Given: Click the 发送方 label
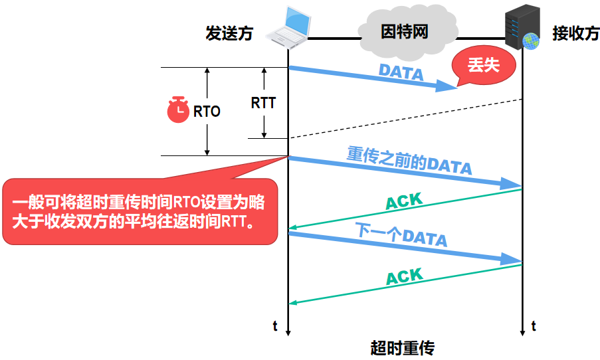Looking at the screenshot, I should point(229,34).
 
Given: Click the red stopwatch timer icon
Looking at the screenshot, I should point(178,110).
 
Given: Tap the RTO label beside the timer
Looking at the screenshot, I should point(206,112).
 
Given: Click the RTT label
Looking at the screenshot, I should point(263,104).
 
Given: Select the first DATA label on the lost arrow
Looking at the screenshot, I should point(401,72).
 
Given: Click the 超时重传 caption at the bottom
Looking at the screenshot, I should point(402,348).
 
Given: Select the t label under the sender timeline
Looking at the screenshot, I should point(274,325).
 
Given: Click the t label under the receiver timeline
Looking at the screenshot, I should point(533,325).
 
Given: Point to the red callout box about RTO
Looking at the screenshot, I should point(140,211).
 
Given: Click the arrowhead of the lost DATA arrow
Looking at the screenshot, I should point(449,87).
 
